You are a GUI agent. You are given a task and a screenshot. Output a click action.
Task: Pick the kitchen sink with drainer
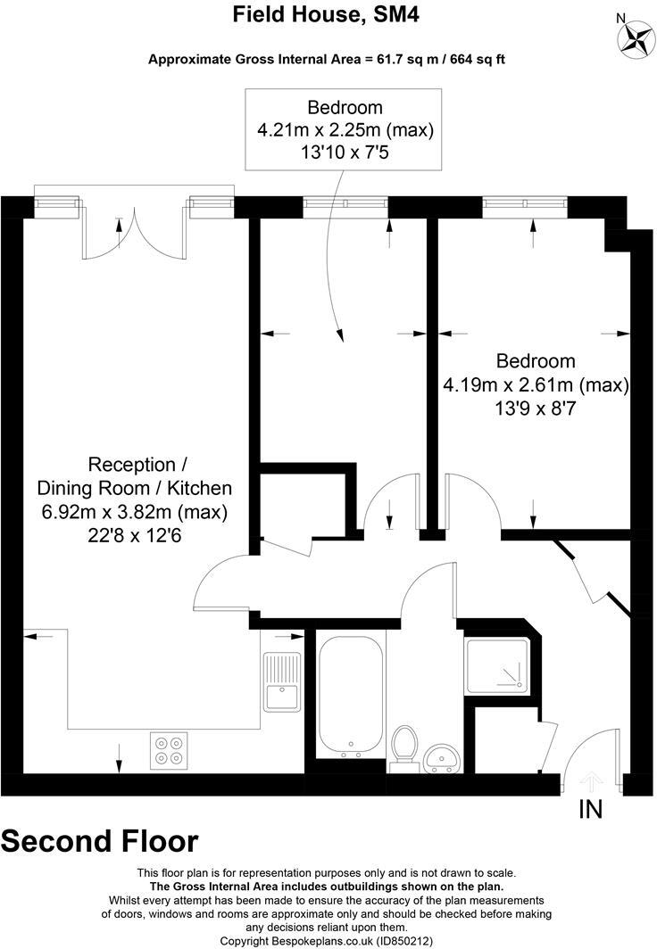tap(282, 682)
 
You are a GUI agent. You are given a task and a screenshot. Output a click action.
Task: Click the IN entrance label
tap(590, 810)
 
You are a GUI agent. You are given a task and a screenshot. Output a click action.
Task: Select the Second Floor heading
tap(100, 841)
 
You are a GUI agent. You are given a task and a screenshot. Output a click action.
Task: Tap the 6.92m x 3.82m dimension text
tap(134, 513)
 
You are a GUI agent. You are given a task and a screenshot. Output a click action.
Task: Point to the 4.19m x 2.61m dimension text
tap(536, 385)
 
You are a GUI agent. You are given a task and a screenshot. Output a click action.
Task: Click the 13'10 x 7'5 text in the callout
tap(345, 153)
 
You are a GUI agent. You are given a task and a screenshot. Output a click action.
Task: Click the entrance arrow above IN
tap(590, 781)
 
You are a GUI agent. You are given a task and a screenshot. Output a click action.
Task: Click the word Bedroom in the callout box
tap(345, 108)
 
